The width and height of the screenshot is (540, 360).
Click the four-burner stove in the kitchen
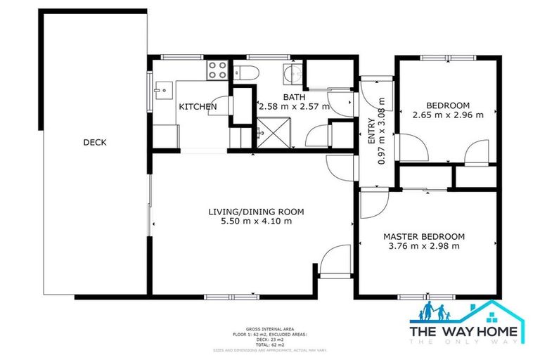(217, 70)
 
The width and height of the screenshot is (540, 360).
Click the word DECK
(94, 142)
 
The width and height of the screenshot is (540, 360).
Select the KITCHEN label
(197, 107)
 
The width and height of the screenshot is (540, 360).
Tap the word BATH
(295, 97)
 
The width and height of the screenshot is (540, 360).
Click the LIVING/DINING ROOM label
(255, 212)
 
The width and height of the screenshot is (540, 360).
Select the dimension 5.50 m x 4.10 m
(255, 221)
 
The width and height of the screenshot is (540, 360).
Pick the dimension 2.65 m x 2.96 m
(448, 115)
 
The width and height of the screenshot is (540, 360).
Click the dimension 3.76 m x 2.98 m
(424, 246)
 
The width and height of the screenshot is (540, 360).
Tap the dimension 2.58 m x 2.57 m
(295, 107)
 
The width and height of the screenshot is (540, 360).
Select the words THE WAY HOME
(466, 330)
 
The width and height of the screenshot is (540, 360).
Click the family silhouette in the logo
(436, 312)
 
